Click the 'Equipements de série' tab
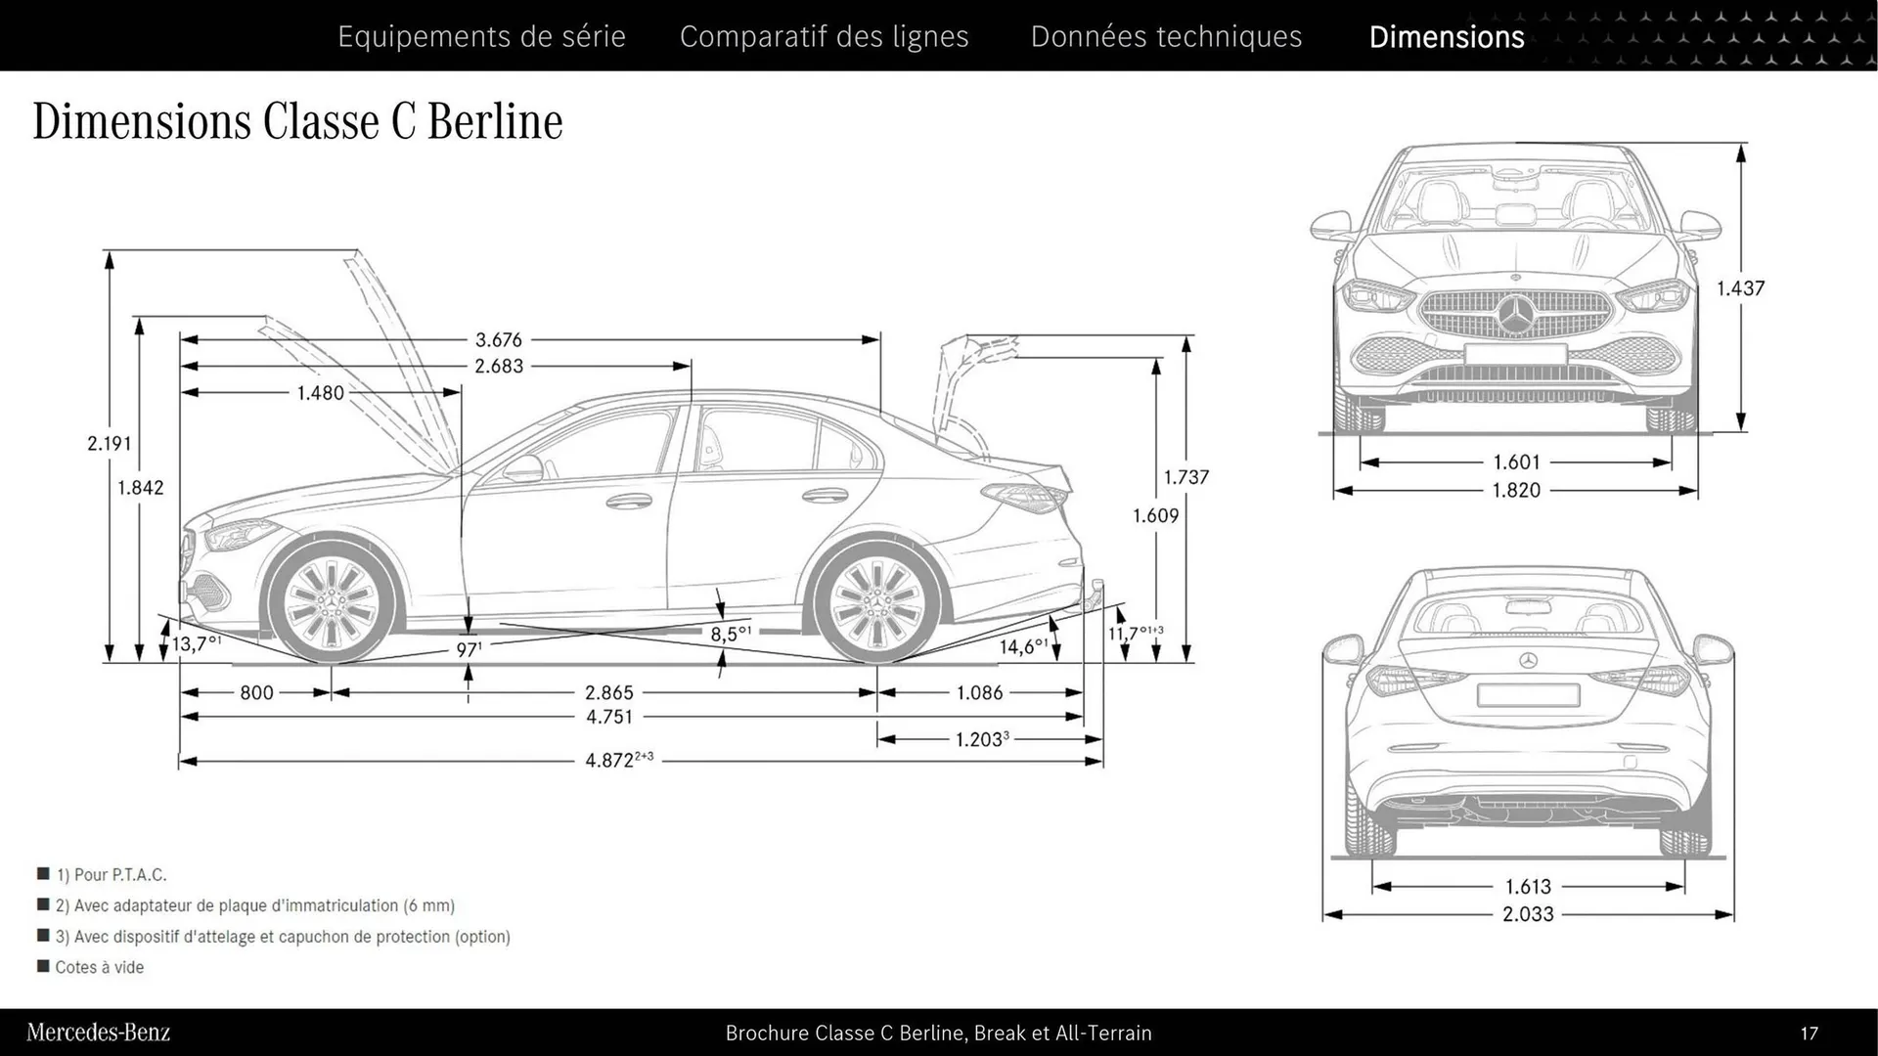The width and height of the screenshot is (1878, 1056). point(481,36)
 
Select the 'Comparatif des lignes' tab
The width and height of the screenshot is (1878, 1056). point(824,36)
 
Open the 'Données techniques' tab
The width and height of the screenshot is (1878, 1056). point(1166,36)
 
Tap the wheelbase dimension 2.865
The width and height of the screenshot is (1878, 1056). point(608,692)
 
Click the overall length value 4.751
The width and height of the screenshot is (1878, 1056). point(608,717)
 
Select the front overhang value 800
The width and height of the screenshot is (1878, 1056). point(256,692)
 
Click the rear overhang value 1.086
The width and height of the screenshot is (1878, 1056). point(979,692)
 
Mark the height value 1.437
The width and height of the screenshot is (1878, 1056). point(1740,288)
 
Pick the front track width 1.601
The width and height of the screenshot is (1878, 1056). point(1516,462)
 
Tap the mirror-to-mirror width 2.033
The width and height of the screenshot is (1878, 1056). point(1528,914)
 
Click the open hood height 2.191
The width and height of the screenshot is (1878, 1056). point(109,443)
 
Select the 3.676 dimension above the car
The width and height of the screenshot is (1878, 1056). point(499,340)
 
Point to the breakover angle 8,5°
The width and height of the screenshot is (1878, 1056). point(730,634)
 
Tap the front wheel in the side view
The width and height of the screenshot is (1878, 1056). point(332,598)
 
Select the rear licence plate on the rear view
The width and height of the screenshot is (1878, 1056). point(1528,695)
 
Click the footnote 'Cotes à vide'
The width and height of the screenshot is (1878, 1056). point(99,967)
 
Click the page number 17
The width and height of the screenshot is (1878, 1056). point(1809,1033)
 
